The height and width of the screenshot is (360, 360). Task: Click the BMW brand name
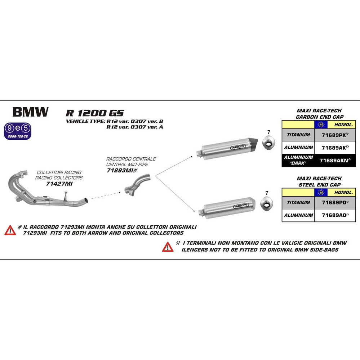pos(30,112)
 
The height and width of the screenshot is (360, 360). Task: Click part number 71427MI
pos(59,184)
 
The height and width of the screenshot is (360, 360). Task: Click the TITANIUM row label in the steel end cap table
pos(298,203)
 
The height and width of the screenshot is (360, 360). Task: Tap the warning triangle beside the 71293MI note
pos(10,230)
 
